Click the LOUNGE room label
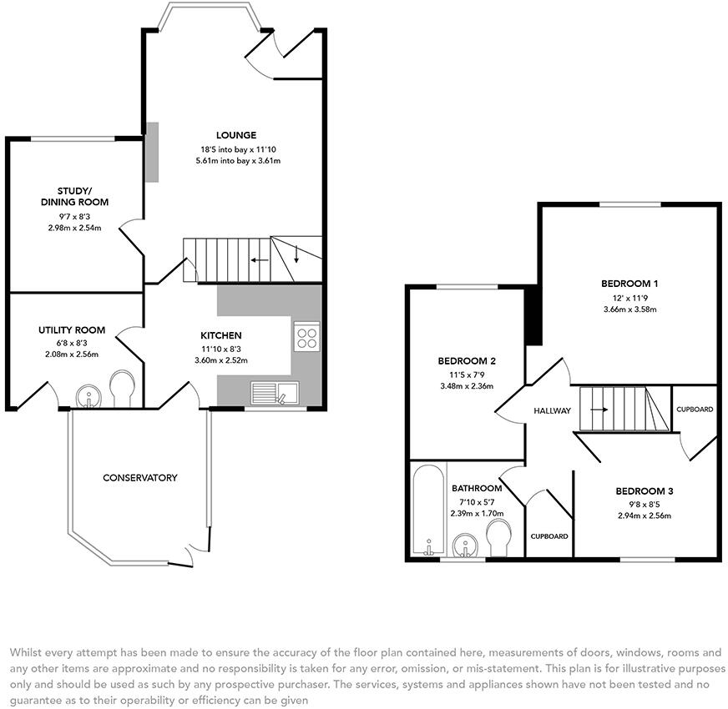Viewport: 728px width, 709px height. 236,135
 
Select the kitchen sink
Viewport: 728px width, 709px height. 275,393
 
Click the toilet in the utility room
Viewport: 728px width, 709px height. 123,388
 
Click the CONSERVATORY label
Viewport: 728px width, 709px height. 139,477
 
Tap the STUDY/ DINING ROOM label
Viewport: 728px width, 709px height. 75,196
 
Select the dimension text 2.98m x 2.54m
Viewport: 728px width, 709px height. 75,228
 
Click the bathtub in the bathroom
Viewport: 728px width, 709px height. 429,510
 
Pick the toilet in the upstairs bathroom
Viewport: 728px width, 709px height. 498,537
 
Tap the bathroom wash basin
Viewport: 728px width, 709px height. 464,546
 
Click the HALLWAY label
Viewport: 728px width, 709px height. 552,410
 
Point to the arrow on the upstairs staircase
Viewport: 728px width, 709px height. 599,410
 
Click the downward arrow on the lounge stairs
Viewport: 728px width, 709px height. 296,254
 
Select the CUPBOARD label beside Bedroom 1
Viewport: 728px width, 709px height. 695,410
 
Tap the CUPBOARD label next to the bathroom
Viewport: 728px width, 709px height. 549,536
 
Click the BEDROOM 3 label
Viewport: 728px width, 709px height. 645,491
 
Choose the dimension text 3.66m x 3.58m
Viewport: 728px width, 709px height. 630,309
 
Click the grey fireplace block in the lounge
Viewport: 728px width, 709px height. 152,152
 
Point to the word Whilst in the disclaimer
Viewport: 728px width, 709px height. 24,652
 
